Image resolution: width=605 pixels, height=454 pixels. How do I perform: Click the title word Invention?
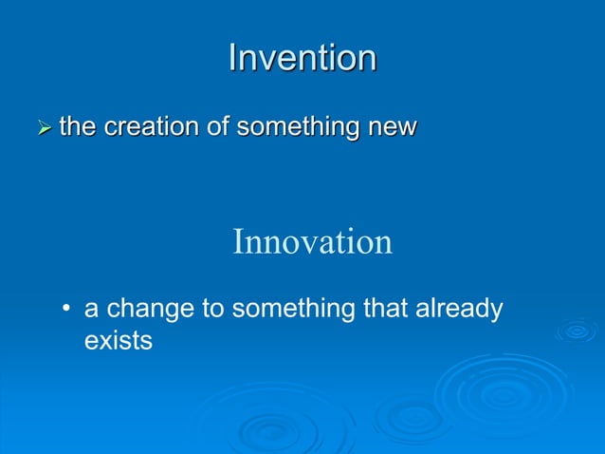(302, 58)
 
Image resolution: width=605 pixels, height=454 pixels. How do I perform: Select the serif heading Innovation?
(312, 241)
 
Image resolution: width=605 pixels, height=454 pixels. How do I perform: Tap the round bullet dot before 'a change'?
(66, 311)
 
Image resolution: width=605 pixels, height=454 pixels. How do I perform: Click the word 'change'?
(148, 310)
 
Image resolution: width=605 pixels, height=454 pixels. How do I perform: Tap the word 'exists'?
(119, 339)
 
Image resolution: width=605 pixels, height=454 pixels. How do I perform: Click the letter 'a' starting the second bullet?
(92, 311)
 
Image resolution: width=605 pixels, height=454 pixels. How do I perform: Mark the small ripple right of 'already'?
(577, 331)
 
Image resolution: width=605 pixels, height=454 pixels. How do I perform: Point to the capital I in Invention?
(233, 58)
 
